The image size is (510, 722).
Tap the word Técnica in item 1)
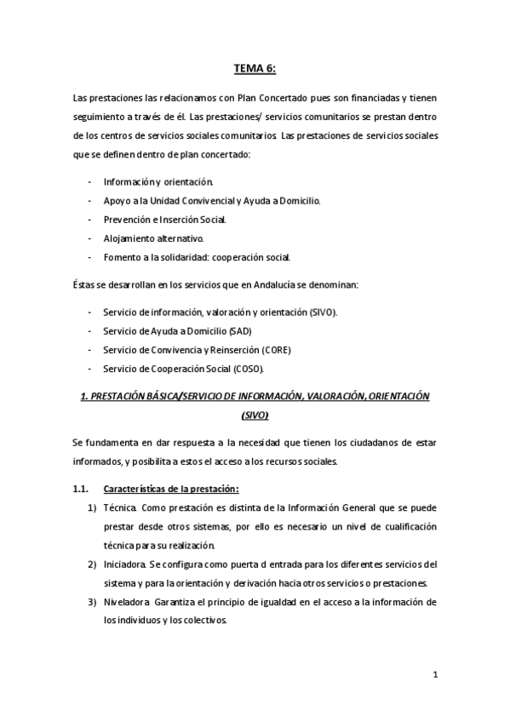[119, 508]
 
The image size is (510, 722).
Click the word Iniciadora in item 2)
[125, 564]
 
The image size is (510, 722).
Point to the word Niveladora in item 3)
[127, 602]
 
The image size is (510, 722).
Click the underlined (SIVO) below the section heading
[255, 415]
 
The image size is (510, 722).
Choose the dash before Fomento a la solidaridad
[90, 257]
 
